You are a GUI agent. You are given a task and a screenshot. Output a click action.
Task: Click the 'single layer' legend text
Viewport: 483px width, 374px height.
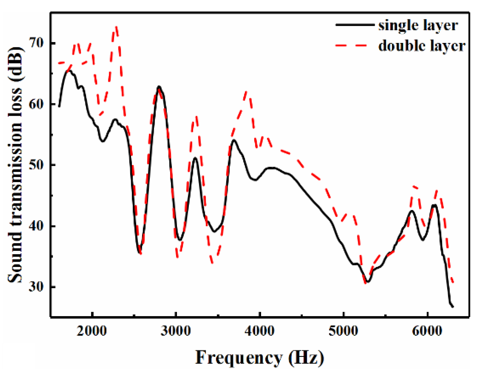click(x=418, y=26)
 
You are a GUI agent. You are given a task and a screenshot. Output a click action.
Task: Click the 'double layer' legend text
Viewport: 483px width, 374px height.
click(x=422, y=46)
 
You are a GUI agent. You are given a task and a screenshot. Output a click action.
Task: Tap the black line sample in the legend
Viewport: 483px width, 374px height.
click(x=355, y=25)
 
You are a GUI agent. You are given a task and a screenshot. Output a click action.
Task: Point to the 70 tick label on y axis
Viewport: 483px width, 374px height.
click(x=36, y=43)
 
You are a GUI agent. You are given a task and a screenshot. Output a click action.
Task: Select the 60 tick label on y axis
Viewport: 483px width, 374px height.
click(x=36, y=104)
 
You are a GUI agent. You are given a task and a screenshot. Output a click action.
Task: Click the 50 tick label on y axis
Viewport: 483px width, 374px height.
click(x=36, y=165)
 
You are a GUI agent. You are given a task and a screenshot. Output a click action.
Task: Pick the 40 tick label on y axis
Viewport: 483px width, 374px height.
click(x=36, y=226)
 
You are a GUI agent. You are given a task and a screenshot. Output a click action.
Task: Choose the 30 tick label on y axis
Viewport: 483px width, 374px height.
click(x=36, y=287)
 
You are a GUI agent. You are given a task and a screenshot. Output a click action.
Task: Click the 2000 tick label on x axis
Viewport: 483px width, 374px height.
click(x=92, y=331)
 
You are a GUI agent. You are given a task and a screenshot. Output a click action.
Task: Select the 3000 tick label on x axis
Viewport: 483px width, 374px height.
click(x=176, y=331)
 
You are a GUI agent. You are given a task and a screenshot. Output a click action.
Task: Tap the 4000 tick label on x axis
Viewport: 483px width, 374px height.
click(x=260, y=331)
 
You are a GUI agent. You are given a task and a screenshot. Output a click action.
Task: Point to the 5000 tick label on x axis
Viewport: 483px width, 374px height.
click(x=343, y=331)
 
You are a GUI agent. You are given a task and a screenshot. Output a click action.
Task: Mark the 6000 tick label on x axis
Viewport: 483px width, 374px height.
click(x=427, y=331)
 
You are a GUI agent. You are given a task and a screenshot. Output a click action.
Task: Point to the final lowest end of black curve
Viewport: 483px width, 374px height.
click(x=453, y=307)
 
